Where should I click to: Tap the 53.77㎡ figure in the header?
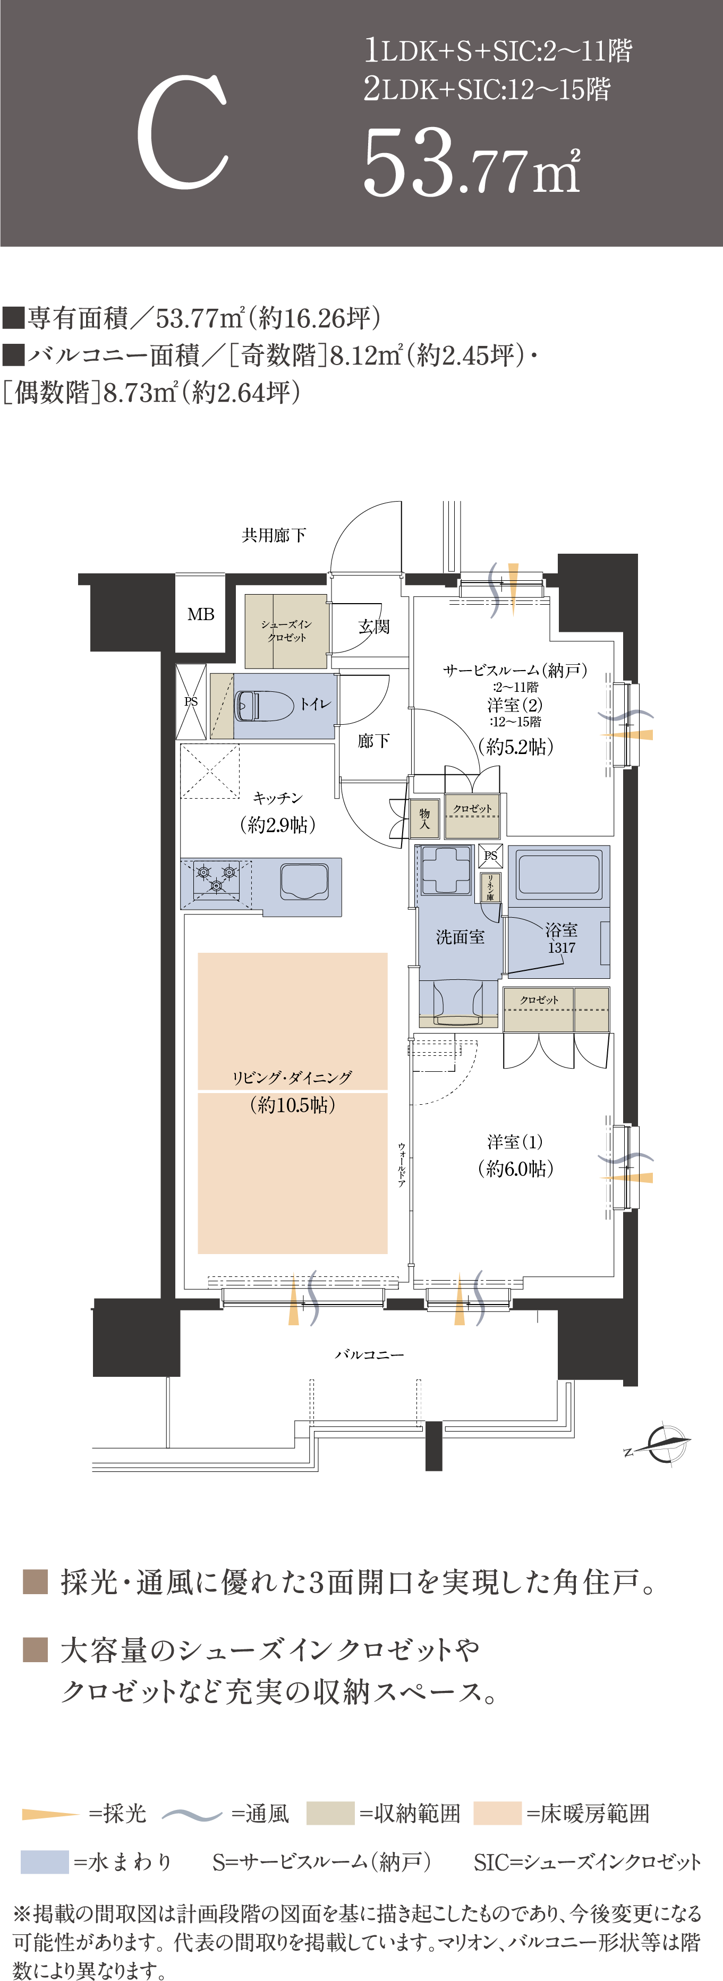pos(472,162)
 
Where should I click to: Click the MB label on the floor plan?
pos(201,614)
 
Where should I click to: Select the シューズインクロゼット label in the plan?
pos(286,631)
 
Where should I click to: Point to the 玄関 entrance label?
pos(374,627)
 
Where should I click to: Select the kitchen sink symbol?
pos(304,881)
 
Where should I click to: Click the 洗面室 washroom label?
pos(460,937)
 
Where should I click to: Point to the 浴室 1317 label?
pos(562,938)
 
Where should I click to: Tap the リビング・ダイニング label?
pos(292,1078)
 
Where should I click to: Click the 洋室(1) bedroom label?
pos(515,1142)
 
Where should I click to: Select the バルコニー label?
pos(369,1354)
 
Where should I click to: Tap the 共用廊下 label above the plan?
pos(274,535)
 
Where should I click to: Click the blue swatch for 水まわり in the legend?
pos(45,1862)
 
